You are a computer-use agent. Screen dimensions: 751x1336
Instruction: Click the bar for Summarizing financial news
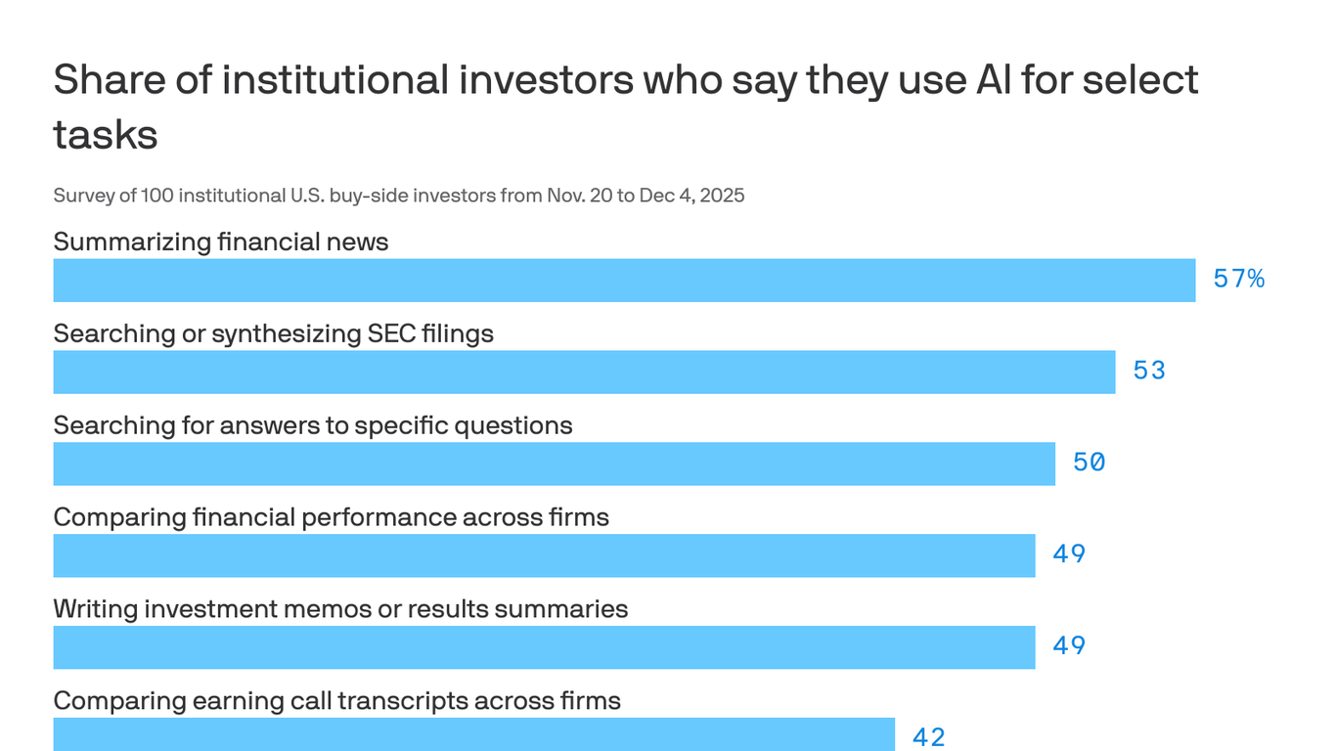[624, 281]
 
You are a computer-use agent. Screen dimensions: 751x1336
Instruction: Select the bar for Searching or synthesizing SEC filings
[584, 373]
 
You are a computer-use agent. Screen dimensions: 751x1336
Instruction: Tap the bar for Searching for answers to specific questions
[554, 464]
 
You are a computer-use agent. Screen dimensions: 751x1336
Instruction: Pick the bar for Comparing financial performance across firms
[544, 555]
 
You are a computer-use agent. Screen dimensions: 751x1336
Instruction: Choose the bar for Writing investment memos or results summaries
[544, 647]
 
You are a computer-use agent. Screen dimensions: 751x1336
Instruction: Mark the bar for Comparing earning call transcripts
[473, 734]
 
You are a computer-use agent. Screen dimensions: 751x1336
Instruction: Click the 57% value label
[1238, 280]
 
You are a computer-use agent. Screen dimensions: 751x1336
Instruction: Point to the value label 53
[1149, 372]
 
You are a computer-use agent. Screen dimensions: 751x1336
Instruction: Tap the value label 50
[1089, 463]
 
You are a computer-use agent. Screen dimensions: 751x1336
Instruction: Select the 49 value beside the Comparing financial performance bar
[1069, 554]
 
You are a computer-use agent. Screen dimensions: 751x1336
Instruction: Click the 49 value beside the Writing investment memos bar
[1069, 646]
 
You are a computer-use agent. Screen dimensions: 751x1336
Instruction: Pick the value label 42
[928, 737]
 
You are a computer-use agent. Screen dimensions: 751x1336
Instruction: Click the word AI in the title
[993, 80]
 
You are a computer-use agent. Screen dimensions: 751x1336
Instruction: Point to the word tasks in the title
[106, 134]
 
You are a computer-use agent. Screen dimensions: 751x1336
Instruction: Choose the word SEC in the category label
[391, 333]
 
